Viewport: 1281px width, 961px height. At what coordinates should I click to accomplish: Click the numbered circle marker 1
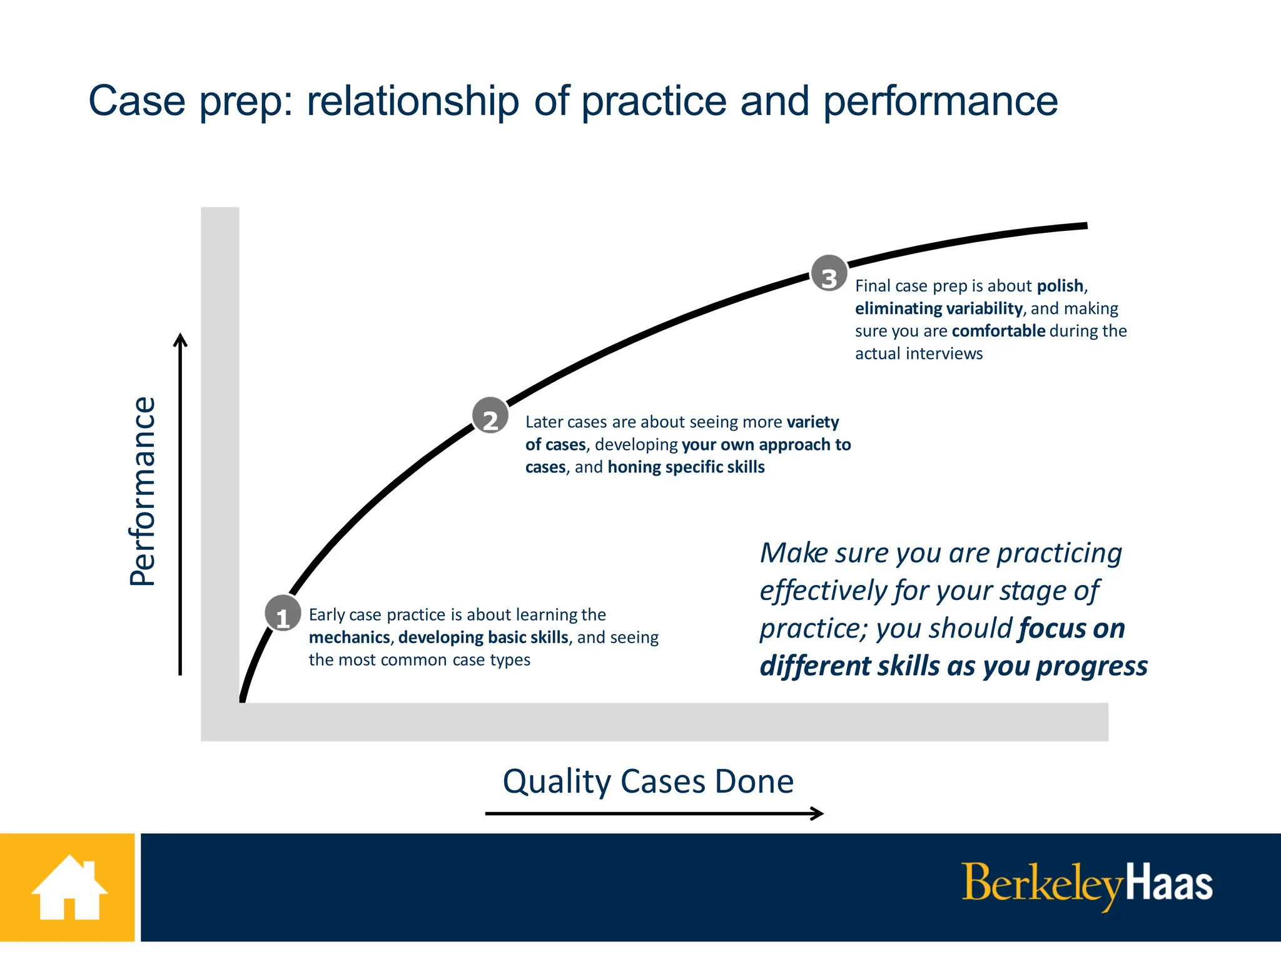coord(283,613)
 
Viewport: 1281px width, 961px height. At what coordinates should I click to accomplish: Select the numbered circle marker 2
coord(490,415)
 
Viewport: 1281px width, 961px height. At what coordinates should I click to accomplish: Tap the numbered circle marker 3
coord(829,273)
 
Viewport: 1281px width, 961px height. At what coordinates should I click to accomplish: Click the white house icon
coord(69,888)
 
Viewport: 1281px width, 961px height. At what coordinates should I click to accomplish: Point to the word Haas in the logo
coord(1168,884)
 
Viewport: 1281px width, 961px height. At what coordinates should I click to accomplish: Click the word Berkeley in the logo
coord(1041,884)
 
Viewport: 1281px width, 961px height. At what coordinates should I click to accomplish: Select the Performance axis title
coord(143,491)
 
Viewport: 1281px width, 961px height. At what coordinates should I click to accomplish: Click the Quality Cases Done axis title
coord(648,781)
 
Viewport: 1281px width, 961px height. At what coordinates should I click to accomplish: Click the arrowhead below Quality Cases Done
coord(818,813)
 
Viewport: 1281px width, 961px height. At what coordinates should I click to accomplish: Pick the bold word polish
coord(1060,286)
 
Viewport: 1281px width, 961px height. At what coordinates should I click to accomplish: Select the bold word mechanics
coord(349,638)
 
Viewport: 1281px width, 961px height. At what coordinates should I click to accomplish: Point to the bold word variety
coord(813,422)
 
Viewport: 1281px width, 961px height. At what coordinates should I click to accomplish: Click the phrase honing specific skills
coord(686,467)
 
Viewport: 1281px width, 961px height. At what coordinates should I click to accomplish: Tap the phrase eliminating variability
coord(938,308)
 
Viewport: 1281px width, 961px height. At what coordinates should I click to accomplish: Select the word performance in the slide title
coord(940,101)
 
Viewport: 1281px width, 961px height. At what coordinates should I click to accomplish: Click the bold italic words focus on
coord(1071,629)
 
